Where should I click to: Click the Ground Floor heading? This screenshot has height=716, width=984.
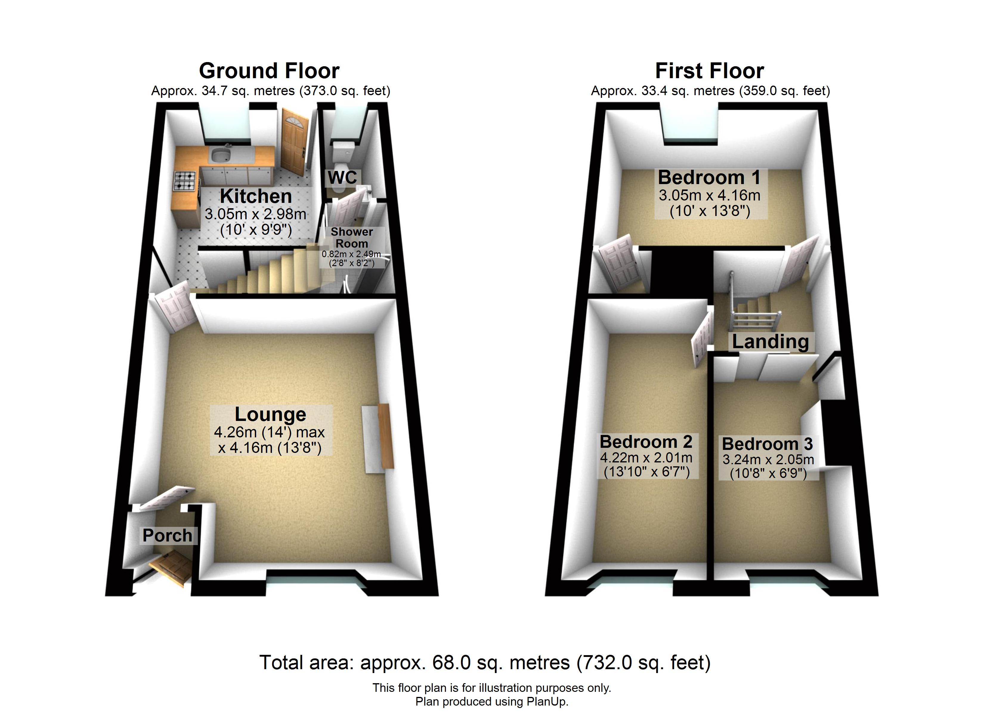pos(269,71)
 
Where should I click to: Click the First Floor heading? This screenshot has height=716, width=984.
pos(710,71)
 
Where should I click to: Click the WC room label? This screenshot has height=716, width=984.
pos(342,178)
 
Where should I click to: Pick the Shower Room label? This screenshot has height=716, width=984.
pos(352,237)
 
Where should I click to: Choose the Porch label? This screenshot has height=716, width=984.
pos(168,536)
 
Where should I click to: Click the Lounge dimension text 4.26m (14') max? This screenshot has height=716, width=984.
pos(270,432)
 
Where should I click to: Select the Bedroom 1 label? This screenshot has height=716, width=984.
pos(709,177)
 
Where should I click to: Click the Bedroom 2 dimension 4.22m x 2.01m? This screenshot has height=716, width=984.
pos(646,458)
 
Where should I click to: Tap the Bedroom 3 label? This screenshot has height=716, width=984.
pos(767,444)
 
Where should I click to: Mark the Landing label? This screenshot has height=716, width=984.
pos(771,342)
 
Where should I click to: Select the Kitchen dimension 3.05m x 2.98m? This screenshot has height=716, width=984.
pos(256,214)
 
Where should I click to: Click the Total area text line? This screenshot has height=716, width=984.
pos(485,663)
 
